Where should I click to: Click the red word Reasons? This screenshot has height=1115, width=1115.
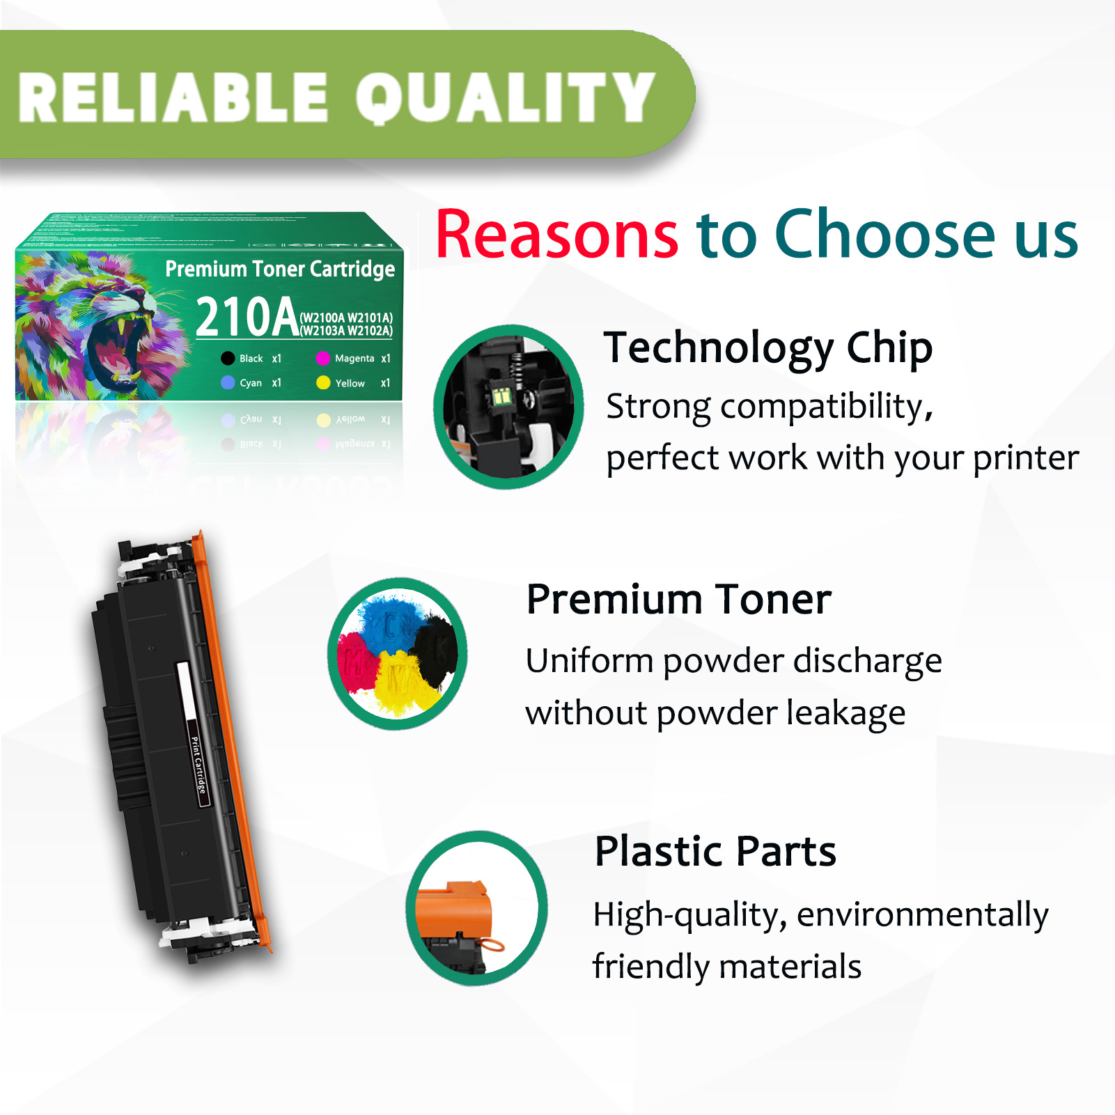556,235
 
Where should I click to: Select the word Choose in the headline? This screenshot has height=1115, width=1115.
885,235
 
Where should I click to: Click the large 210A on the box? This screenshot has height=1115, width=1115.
247,318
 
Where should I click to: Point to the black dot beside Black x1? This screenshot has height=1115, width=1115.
228,359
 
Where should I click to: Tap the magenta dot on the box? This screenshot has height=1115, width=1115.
322,358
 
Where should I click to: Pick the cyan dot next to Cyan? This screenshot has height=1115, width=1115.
228,382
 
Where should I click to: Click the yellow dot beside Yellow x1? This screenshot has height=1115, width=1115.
323,382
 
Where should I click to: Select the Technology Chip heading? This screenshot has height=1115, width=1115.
768,348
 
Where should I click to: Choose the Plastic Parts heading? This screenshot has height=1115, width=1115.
715,851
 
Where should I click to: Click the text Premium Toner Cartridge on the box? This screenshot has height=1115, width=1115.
280,269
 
